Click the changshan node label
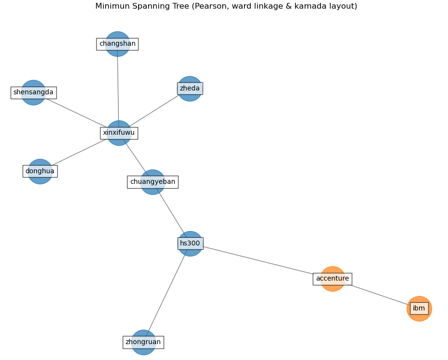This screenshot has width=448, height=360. (x=117, y=44)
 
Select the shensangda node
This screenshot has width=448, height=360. (x=33, y=92)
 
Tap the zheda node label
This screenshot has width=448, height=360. (x=190, y=89)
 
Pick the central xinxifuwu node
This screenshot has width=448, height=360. (x=119, y=133)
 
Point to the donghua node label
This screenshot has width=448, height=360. (x=40, y=171)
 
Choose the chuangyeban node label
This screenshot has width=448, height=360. (x=153, y=182)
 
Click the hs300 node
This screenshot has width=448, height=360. (x=190, y=244)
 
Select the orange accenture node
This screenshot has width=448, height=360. (x=333, y=279)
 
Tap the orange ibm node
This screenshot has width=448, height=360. (x=419, y=309)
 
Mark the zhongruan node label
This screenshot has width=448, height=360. (x=143, y=342)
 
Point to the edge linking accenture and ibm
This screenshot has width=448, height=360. (x=378, y=294)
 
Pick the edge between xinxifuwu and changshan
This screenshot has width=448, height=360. (x=118, y=87)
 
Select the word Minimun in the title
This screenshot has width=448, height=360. (x=112, y=6)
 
